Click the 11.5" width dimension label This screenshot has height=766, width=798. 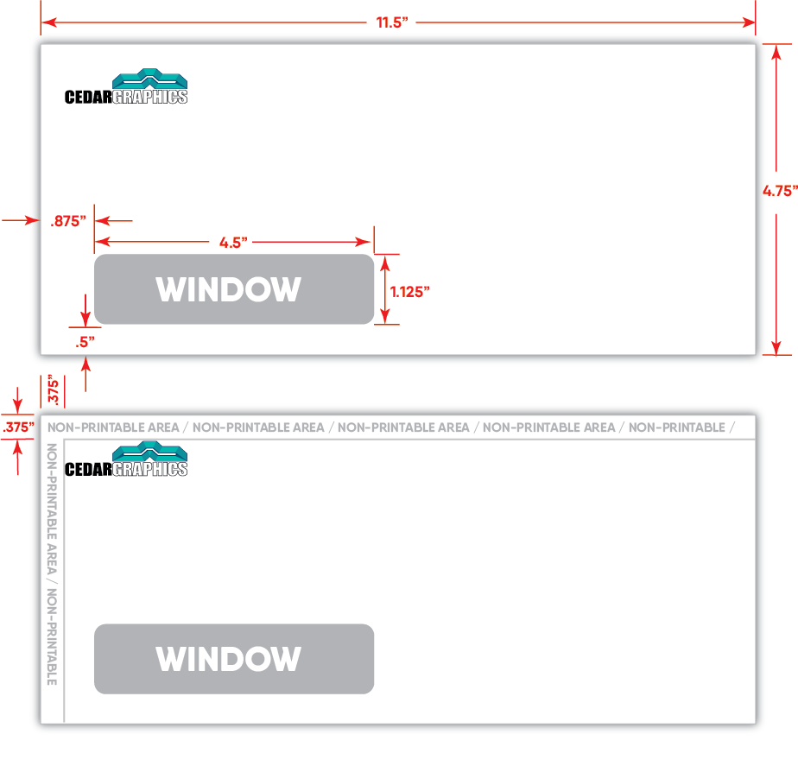click(x=391, y=22)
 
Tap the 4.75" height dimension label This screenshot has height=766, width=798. click(x=779, y=192)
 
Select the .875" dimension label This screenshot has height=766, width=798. click(x=68, y=221)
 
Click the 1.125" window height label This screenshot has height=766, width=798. click(x=410, y=291)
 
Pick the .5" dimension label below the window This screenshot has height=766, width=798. click(x=84, y=341)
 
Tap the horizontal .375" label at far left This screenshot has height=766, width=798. click(x=17, y=427)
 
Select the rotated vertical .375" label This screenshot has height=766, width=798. click(x=54, y=389)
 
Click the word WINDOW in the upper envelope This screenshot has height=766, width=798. click(x=229, y=289)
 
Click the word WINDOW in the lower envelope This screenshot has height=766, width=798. click(x=229, y=660)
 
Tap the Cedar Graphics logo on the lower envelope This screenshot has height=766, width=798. click(x=127, y=459)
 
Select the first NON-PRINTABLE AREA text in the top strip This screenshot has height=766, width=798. click(x=113, y=427)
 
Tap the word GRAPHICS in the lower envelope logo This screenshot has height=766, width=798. click(x=150, y=469)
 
